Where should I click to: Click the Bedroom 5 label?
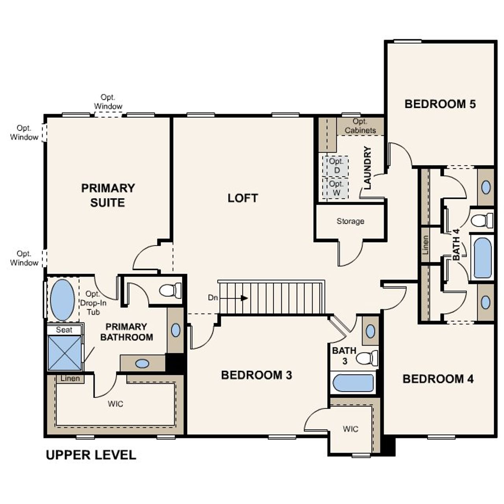(440, 104)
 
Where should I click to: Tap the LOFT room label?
(243, 198)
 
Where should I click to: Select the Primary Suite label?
(108, 195)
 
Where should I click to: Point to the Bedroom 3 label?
(256, 375)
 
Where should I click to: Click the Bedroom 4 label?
(438, 379)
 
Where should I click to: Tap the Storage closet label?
(350, 221)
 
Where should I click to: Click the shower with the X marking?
(65, 353)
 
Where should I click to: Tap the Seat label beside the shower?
(64, 330)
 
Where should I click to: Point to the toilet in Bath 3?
(366, 358)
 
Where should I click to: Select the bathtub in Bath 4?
(482, 258)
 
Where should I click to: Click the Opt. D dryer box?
(336, 166)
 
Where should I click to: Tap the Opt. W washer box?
(336, 188)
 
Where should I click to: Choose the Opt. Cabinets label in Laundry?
(360, 126)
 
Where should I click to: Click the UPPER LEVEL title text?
(91, 455)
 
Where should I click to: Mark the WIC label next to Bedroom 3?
(350, 429)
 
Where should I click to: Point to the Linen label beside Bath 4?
(425, 245)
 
